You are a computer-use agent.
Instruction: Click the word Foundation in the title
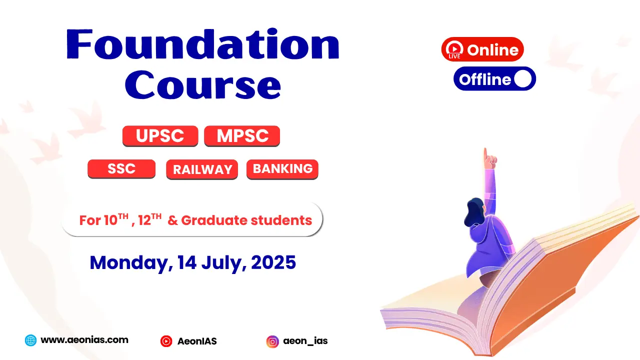[203, 44]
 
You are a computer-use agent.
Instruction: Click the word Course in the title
[203, 85]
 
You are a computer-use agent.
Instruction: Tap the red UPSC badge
[160, 136]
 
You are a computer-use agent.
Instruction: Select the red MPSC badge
[242, 136]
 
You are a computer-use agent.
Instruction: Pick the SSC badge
[121, 169]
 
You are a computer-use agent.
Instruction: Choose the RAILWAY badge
[202, 169]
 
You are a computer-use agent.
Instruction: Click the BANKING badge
[282, 169]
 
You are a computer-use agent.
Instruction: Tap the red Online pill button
[482, 49]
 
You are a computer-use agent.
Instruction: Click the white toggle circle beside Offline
[523, 78]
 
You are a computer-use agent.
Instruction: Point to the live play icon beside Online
[454, 49]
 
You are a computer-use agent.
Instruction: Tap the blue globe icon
[30, 340]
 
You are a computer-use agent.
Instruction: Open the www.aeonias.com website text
[84, 339]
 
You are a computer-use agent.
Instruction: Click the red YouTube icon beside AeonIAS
[166, 341]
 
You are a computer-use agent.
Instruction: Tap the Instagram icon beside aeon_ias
[272, 341]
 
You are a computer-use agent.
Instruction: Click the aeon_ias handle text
[305, 341]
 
